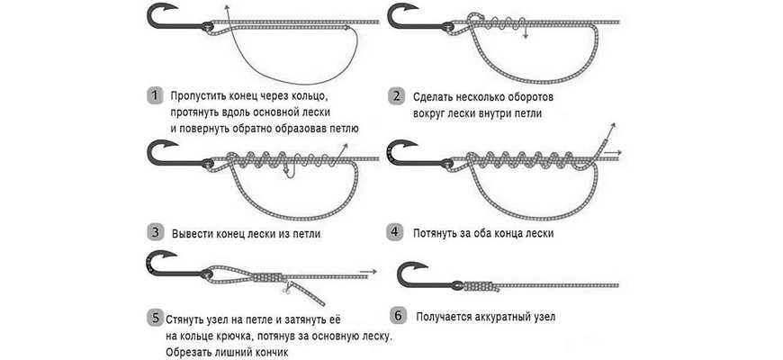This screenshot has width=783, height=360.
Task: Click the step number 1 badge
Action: tap(156, 95)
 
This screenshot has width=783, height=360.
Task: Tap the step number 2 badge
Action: tap(397, 96)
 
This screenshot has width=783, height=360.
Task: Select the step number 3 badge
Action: tap(156, 233)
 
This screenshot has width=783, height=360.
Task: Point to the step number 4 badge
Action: tap(394, 233)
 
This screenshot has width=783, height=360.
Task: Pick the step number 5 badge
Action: tap(156, 318)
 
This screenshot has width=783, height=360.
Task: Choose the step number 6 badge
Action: tap(398, 316)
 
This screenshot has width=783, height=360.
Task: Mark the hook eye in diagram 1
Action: tap(207, 26)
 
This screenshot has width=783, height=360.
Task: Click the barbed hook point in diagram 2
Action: tap(410, 6)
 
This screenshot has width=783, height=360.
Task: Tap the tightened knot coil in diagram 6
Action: tap(481, 286)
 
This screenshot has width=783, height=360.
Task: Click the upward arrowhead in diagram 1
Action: tap(226, 7)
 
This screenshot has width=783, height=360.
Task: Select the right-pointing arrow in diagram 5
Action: tap(367, 272)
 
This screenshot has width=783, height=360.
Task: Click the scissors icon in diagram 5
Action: tap(285, 289)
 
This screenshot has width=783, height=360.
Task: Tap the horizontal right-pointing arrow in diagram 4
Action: tap(612, 152)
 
